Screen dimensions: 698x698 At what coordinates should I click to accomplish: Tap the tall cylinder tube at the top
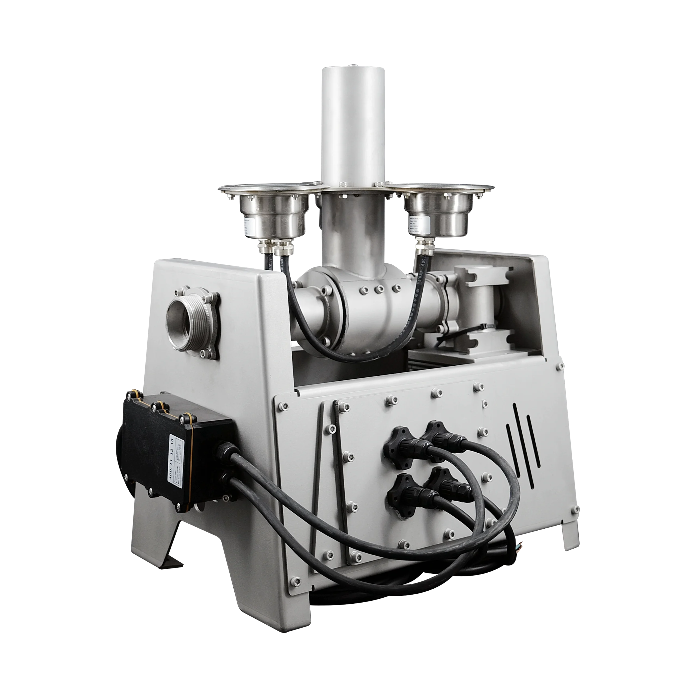[x=353, y=123]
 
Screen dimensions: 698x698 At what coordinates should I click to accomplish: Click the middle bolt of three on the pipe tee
[x=379, y=289]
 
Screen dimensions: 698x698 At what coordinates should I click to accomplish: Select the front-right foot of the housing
[x=571, y=538]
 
